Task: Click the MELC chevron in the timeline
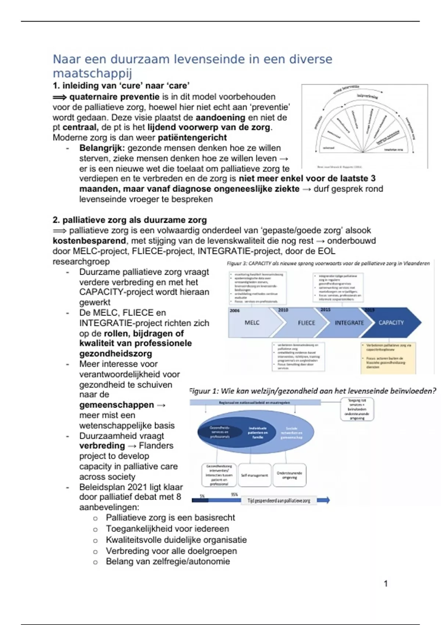[252, 323]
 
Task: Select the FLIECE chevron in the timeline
[306, 323]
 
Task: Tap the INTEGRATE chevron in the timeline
[349, 323]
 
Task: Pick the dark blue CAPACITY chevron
[391, 323]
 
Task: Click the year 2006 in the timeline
[234, 311]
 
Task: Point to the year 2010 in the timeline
[283, 310]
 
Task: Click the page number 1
[386, 583]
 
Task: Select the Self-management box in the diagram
[254, 475]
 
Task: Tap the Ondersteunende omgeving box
[290, 475]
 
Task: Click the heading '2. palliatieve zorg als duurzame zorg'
[130, 220]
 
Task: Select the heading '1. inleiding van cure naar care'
[121, 86]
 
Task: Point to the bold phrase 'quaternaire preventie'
[114, 97]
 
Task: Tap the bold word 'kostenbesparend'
[89, 241]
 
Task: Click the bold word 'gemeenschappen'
[116, 405]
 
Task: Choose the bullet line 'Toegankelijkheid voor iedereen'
[167, 529]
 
